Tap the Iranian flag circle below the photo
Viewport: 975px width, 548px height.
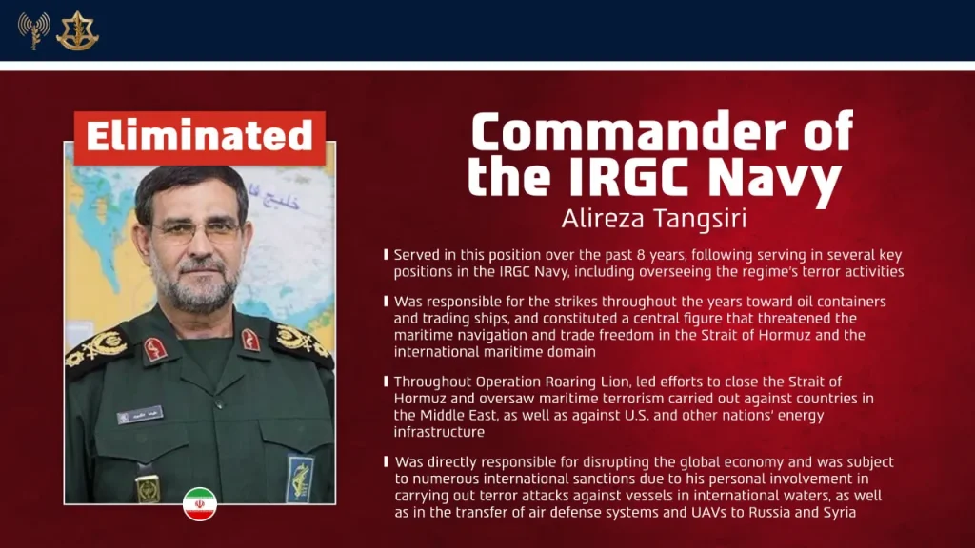(200, 504)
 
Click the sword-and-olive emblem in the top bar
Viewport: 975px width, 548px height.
(77, 30)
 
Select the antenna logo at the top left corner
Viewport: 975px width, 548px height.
(33, 30)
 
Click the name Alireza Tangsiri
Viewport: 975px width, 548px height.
(653, 218)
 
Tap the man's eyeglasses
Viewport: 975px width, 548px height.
(195, 229)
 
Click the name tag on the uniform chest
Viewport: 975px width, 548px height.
(140, 414)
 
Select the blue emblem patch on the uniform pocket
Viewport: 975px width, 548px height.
(300, 477)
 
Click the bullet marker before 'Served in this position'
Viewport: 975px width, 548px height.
(386, 255)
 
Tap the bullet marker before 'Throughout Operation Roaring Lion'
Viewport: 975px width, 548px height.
(386, 382)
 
